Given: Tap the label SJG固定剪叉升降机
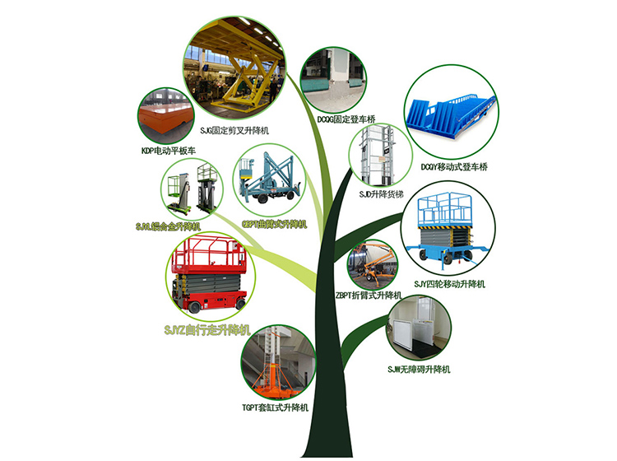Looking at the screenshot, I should [x=235, y=131].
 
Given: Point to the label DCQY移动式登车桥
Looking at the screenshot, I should [x=454, y=167].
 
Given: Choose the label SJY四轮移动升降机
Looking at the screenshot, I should [x=450, y=284].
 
